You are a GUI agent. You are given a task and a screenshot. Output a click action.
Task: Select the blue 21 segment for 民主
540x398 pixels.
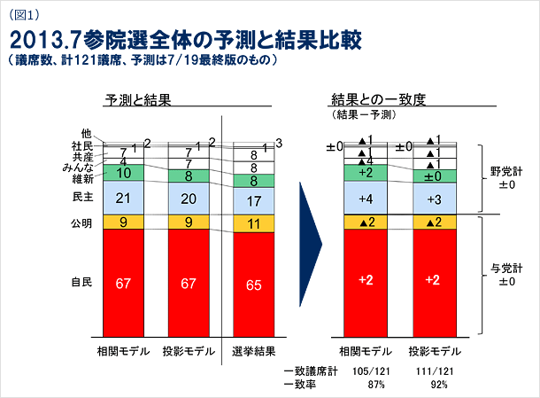[x=123, y=197]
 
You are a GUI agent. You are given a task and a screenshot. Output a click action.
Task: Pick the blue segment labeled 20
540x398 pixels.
[x=189, y=198]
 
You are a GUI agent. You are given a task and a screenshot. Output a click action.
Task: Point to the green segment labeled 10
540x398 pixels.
[x=123, y=173]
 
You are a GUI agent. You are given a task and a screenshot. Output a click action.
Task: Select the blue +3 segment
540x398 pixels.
[x=434, y=197]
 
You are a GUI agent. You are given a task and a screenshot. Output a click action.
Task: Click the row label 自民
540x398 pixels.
[x=81, y=282]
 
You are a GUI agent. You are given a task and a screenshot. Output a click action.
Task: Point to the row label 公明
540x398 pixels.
[x=81, y=222]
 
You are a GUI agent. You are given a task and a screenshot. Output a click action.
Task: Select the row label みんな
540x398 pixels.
[x=79, y=167]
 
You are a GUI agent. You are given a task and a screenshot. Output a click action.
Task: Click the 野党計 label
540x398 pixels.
[x=507, y=172]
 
